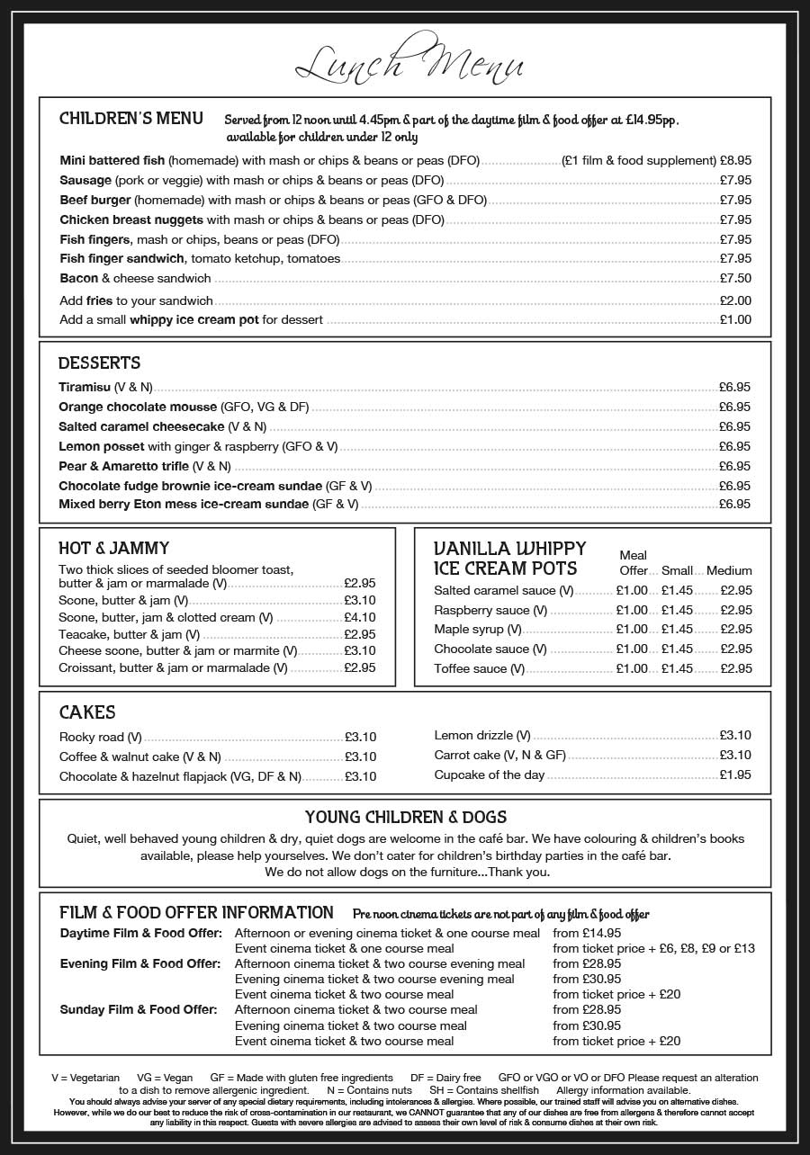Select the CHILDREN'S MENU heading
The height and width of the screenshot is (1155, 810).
[130, 119]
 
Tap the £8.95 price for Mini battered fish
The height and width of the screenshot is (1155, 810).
[735, 160]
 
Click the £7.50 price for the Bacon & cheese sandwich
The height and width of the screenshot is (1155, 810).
[735, 278]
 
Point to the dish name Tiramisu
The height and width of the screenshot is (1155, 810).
[85, 387]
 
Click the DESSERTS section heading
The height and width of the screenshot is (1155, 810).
[99, 363]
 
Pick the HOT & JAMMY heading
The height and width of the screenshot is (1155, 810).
[113, 548]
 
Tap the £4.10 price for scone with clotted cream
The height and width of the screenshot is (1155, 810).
[360, 617]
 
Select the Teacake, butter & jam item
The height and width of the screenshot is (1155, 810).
[129, 634]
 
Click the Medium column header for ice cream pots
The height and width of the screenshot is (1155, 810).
[729, 570]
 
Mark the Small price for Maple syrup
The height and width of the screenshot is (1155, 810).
[677, 629]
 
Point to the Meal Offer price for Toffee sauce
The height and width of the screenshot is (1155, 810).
[632, 668]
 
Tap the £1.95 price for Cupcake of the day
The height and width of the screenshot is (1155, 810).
[735, 774]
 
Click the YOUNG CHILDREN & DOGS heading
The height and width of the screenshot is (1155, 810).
[405, 817]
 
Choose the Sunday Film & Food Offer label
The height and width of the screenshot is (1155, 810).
[139, 1009]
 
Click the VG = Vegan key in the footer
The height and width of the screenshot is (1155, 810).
[165, 1078]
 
